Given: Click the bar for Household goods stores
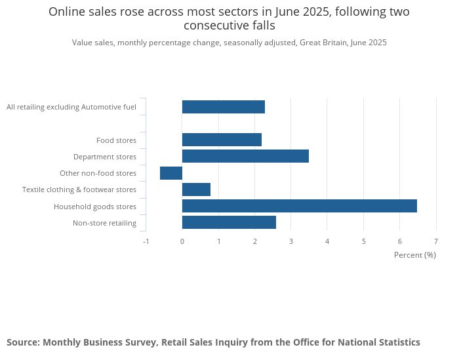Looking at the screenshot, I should point(299,206).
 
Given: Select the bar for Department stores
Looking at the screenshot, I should point(245,156).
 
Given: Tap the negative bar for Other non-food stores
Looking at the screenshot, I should point(171,173).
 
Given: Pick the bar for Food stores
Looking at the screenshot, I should point(222,140).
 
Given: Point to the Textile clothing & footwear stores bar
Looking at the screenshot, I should point(196,190).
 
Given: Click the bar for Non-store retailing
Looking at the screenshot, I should point(229,222).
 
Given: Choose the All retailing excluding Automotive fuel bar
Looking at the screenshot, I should point(223,107).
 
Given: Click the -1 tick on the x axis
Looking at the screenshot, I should point(146,241).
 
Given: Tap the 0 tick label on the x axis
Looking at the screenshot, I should point(182,241).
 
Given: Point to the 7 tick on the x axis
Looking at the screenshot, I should point(436,241).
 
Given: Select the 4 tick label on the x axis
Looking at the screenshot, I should point(327,241).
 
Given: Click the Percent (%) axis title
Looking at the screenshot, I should point(414,254).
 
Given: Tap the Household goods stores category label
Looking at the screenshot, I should point(95,207).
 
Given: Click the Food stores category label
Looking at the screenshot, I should point(116,140).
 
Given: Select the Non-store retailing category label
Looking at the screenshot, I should point(104,223).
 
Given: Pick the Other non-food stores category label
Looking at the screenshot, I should point(98,173).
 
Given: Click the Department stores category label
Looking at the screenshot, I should point(105,157).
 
